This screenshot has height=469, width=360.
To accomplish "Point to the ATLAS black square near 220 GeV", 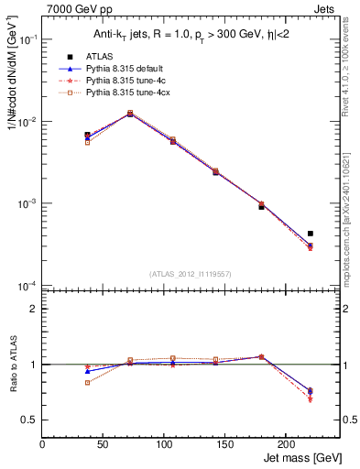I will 311,234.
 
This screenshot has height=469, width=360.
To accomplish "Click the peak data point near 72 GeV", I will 130,114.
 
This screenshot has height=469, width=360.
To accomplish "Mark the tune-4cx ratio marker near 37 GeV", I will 88,382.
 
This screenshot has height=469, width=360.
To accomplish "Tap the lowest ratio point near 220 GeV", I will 311,399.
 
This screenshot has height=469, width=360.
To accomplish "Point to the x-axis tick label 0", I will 43,444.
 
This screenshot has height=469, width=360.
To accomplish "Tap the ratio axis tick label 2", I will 33,309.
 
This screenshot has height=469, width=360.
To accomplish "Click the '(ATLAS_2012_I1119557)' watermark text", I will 190,274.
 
